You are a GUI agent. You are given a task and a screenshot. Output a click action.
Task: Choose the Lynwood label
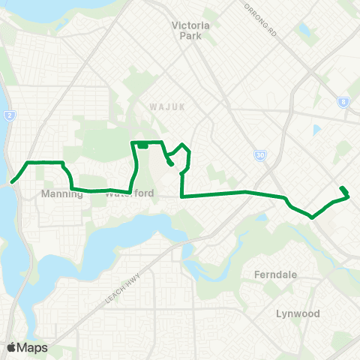(297, 313)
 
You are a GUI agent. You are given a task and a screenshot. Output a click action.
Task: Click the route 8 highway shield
(343, 102)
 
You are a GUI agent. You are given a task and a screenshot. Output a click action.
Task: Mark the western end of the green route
(13, 181)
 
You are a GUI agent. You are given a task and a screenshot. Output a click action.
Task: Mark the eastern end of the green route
(342, 187)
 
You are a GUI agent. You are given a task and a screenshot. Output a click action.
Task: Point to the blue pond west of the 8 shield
(316, 130)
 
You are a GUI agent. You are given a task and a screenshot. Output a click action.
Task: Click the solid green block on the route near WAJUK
(142, 145)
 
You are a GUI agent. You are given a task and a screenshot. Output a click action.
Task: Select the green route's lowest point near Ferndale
(312, 217)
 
